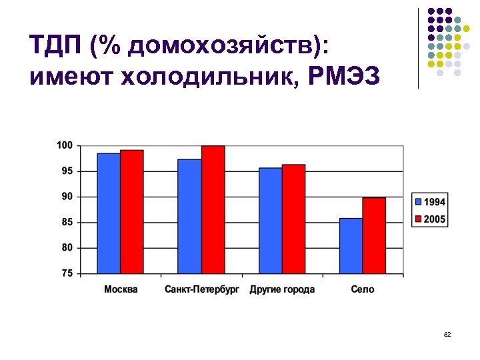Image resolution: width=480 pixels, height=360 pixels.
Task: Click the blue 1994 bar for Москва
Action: click(x=109, y=213)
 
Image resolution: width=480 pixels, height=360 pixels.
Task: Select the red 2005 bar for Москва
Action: click(x=132, y=212)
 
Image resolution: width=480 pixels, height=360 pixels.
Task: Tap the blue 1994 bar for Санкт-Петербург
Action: click(x=189, y=217)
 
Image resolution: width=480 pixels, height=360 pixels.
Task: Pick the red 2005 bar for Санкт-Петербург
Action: click(x=213, y=209)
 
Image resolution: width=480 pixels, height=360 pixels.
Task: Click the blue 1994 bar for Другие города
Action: click(x=270, y=221)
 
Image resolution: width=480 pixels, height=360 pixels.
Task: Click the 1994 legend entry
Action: click(x=430, y=202)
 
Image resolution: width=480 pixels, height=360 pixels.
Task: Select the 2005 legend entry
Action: click(x=430, y=219)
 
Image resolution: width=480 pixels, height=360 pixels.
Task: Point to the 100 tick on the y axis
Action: click(x=65, y=145)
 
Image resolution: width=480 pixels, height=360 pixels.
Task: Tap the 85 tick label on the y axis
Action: click(x=67, y=222)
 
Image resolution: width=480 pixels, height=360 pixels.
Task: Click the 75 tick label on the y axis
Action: click(x=67, y=273)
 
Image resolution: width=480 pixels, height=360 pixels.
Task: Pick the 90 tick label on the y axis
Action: click(x=67, y=197)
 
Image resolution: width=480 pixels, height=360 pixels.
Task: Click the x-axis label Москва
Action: click(x=121, y=289)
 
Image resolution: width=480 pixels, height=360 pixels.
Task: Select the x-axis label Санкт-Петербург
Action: click(x=201, y=289)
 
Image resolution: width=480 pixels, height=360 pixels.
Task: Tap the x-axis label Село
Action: click(x=362, y=289)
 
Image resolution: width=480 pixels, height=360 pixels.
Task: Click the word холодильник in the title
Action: click(x=197, y=77)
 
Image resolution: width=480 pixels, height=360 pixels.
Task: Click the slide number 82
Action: click(x=447, y=334)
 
